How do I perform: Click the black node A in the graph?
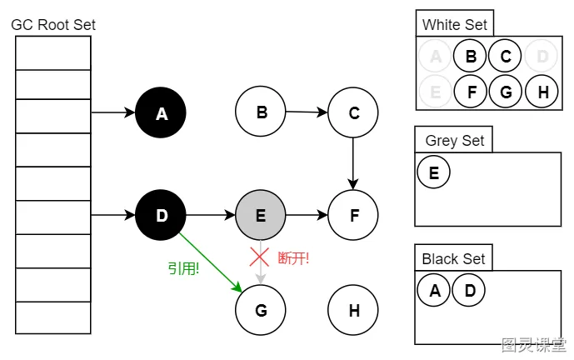click(161, 112)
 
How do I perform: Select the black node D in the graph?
click(161, 216)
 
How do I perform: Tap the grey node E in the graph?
click(261, 216)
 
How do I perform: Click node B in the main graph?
click(261, 112)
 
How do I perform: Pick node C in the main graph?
click(353, 112)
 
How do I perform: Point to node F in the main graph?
click(353, 216)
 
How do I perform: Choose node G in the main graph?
click(261, 310)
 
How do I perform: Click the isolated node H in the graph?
click(353, 310)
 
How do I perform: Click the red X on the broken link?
click(260, 256)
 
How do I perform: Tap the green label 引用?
click(183, 268)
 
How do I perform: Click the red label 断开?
click(293, 257)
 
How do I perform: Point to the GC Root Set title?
click(53, 25)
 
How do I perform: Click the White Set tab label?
click(453, 24)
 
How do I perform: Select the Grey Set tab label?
click(454, 140)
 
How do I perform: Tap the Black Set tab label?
click(453, 258)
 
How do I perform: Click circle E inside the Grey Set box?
click(433, 172)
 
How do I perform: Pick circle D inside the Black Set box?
click(469, 291)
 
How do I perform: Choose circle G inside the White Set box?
click(505, 92)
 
